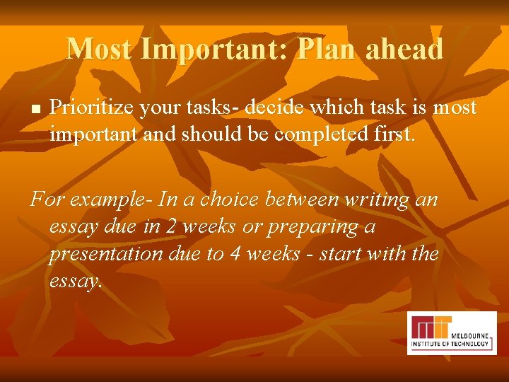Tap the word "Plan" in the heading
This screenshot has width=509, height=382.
tap(327, 49)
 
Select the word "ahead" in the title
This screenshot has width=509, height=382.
tap(404, 49)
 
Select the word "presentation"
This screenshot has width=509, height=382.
tap(105, 253)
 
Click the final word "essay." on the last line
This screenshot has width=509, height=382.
tap(76, 280)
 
